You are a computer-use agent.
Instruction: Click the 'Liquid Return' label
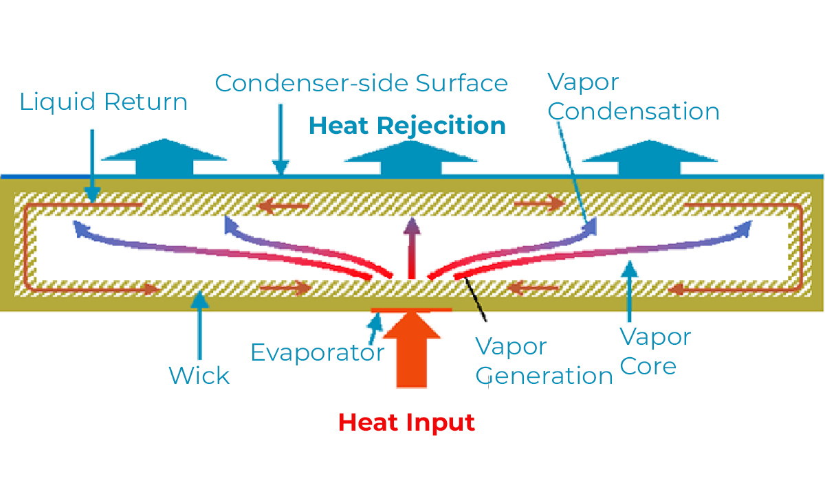[x=104, y=102]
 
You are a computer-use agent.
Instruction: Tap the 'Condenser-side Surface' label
[x=362, y=83]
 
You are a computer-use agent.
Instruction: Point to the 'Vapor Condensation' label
[x=633, y=96]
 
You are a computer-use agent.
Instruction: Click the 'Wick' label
[x=199, y=376]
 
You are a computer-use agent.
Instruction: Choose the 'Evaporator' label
[x=318, y=353]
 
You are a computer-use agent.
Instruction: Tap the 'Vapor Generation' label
[x=544, y=362]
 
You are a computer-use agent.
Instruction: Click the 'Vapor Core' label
[x=656, y=352]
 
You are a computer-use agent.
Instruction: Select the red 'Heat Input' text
[x=406, y=423]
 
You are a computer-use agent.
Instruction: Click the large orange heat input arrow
[x=412, y=350]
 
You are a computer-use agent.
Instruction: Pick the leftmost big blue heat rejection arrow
[x=164, y=157]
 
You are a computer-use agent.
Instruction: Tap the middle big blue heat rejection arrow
[x=411, y=158]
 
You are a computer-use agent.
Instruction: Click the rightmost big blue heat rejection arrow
[x=650, y=157]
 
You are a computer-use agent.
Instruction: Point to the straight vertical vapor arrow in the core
[x=412, y=248]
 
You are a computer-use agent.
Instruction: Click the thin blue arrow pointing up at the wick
[x=200, y=325]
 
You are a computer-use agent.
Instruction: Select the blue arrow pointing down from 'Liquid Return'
[x=92, y=166]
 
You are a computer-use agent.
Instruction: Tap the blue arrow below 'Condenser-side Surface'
[x=280, y=139]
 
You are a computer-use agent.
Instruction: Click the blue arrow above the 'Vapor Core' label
[x=630, y=291]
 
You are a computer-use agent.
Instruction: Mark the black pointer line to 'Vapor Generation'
[x=476, y=299]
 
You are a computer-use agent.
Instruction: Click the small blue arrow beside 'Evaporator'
[x=375, y=328]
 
